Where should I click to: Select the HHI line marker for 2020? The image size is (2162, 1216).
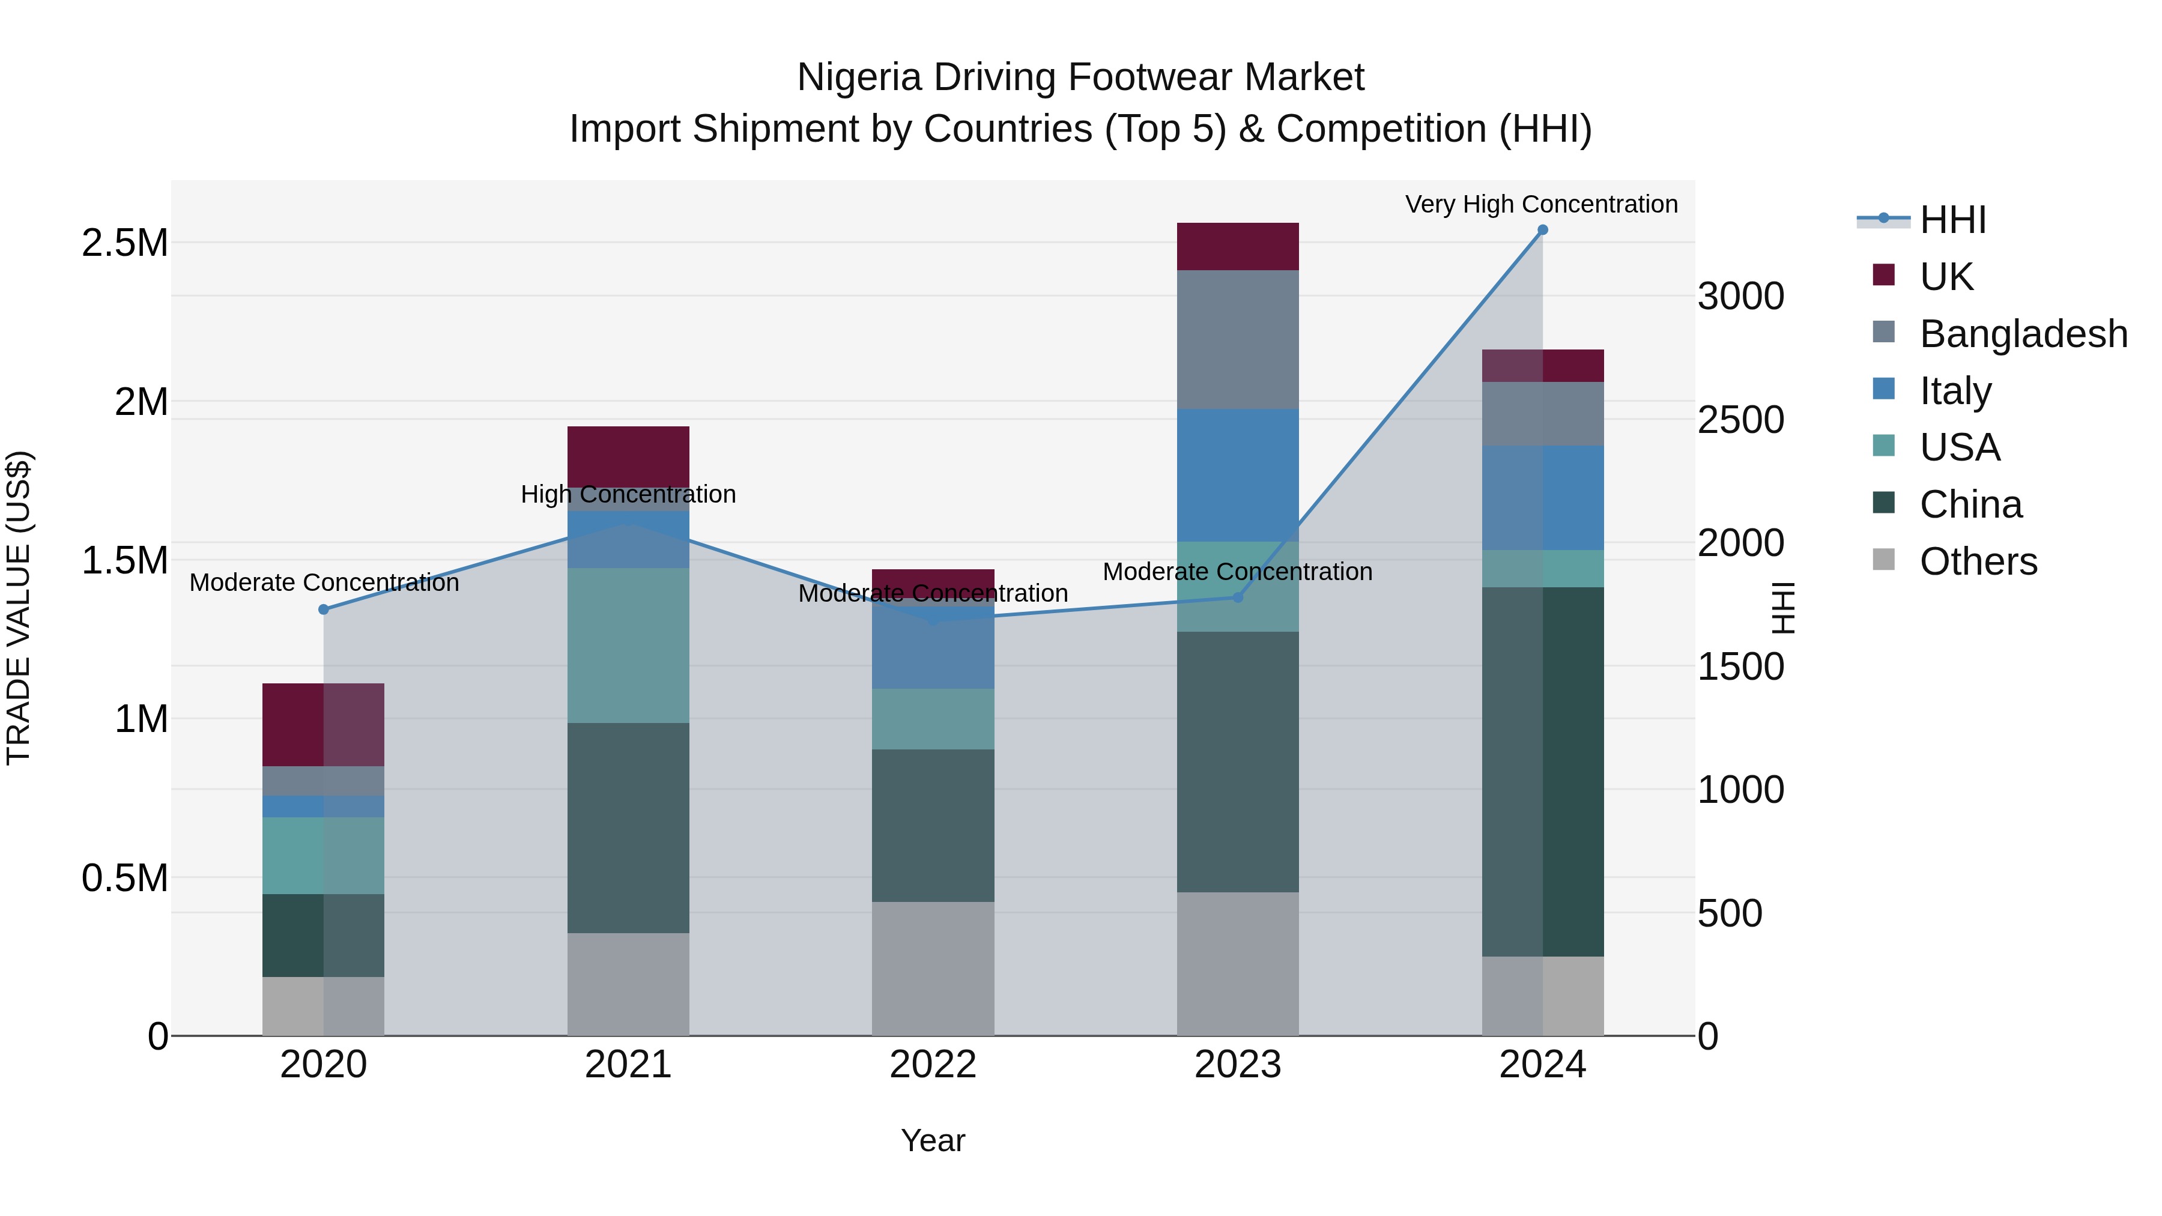323,610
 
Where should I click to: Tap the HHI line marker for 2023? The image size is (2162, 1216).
1237,597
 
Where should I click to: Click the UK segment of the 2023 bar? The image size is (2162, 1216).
1237,247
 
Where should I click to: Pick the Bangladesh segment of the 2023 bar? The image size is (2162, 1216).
1237,339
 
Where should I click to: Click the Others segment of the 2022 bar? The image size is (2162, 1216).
933,969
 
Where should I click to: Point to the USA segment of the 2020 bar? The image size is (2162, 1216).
323,855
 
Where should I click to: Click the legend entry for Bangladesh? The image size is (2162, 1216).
2023,334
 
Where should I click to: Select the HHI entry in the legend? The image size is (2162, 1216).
1952,220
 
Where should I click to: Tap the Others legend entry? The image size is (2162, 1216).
1978,561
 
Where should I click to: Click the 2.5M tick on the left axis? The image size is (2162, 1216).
124,243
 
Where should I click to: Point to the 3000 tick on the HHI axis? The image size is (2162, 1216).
1740,297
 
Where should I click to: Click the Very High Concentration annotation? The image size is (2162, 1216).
1541,204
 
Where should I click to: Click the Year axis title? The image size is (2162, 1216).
933,1140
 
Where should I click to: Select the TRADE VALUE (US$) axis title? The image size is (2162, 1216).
19,608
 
